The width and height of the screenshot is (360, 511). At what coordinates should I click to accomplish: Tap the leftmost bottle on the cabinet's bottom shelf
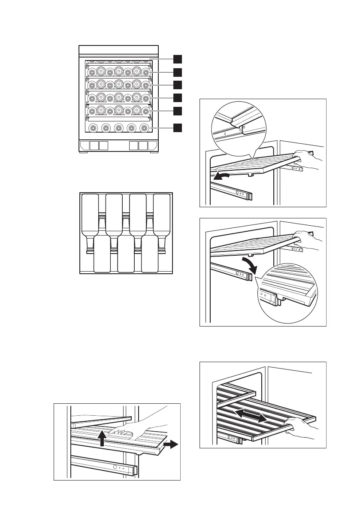(92, 127)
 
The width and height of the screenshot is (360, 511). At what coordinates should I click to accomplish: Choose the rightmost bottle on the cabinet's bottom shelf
(145, 127)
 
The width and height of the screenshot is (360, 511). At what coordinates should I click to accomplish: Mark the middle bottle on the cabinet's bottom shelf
(118, 127)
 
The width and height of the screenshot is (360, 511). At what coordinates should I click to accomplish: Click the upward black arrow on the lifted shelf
(102, 438)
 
